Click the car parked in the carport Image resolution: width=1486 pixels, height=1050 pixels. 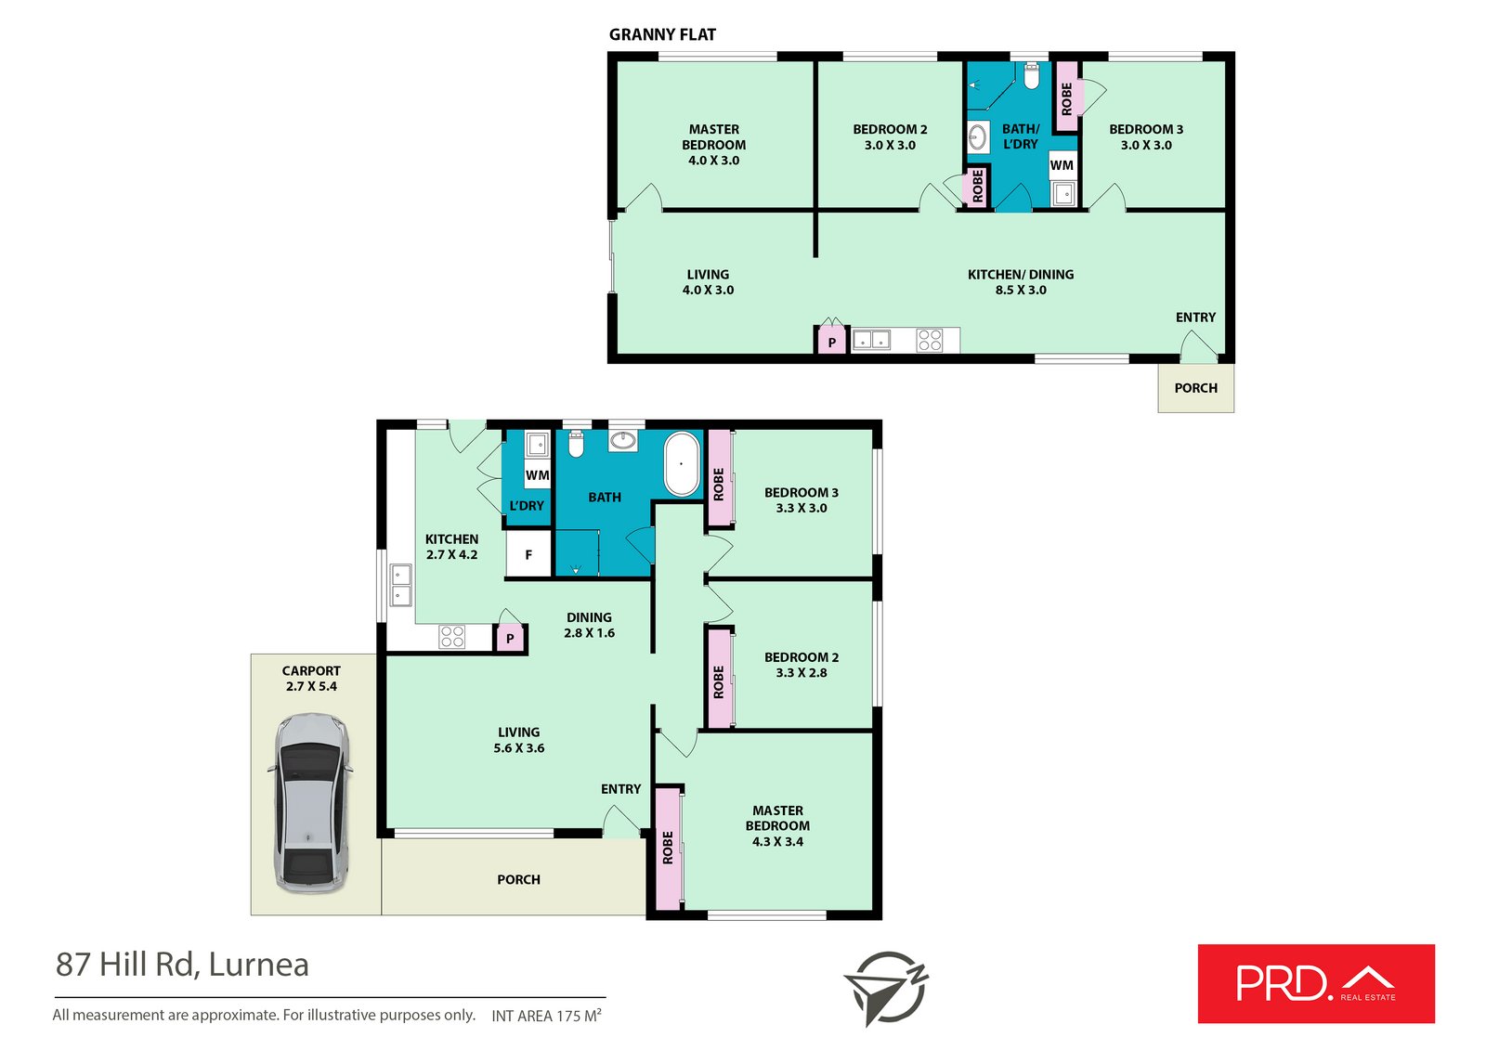pyautogui.click(x=310, y=803)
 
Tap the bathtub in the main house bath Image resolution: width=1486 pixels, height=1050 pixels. pyautogui.click(x=682, y=464)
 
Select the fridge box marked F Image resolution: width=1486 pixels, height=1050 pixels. pyautogui.click(x=528, y=554)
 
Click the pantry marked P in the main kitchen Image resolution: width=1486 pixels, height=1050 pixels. pyautogui.click(x=510, y=639)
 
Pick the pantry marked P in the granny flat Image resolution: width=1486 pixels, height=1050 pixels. pyautogui.click(x=831, y=343)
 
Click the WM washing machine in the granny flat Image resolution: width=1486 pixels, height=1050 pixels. pyautogui.click(x=1062, y=165)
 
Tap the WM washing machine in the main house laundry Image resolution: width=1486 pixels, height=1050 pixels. pyautogui.click(x=538, y=475)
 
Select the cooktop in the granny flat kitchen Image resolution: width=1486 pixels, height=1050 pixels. pyautogui.click(x=930, y=341)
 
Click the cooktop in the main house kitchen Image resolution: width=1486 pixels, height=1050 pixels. pyautogui.click(x=451, y=637)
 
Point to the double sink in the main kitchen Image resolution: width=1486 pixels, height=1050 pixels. pyautogui.click(x=400, y=585)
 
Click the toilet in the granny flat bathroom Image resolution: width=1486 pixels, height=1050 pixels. pyautogui.click(x=1031, y=75)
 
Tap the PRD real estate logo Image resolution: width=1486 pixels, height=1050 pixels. pyautogui.click(x=1316, y=984)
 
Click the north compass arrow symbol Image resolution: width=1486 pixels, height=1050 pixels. pyautogui.click(x=886, y=989)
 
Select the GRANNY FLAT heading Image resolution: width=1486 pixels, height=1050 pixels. pyautogui.click(x=662, y=34)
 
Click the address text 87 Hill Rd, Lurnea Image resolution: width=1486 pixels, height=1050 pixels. pyautogui.click(x=182, y=965)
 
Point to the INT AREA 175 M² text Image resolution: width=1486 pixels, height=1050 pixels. pyautogui.click(x=547, y=1016)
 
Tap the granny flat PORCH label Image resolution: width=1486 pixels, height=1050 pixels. pyautogui.click(x=1195, y=388)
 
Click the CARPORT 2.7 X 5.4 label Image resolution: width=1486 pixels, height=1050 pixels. pyautogui.click(x=311, y=679)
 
